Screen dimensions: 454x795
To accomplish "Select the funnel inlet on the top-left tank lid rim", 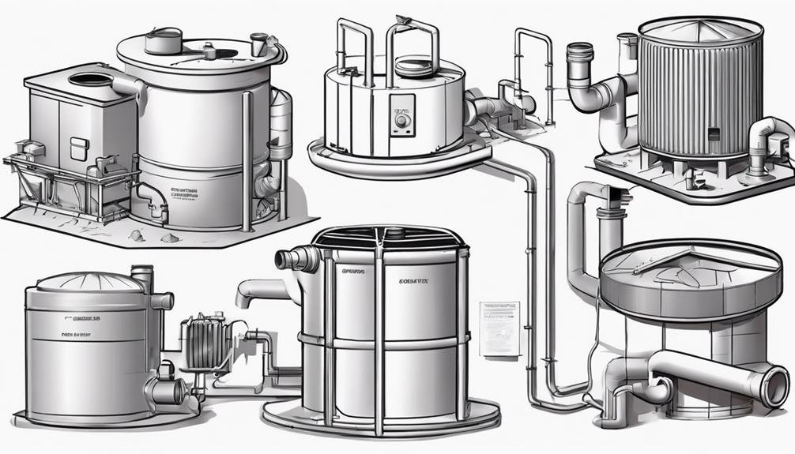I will click(x=258, y=43).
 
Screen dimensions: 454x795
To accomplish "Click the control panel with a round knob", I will click(x=401, y=111).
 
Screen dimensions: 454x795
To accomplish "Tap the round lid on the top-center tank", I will click(x=413, y=66).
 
